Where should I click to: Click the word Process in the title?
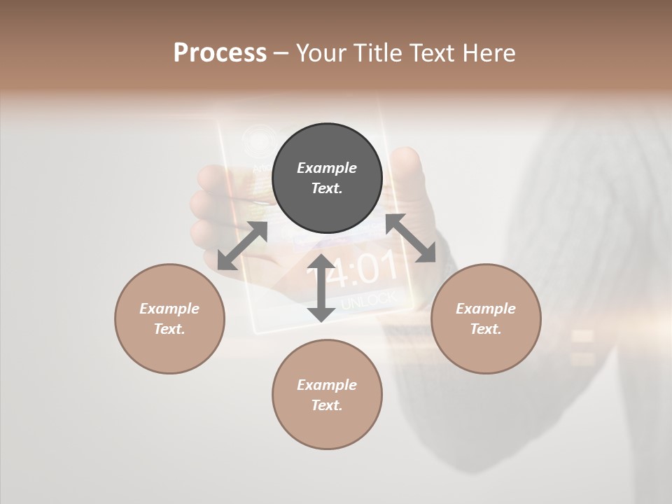(220, 52)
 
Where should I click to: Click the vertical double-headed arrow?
(321, 288)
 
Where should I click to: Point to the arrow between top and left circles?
(243, 246)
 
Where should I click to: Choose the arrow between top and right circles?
(411, 239)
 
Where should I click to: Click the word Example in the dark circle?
(327, 168)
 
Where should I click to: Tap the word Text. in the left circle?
(169, 329)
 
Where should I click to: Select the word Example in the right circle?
(486, 309)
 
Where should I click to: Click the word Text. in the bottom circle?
(327, 405)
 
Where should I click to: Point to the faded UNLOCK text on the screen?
(369, 299)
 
